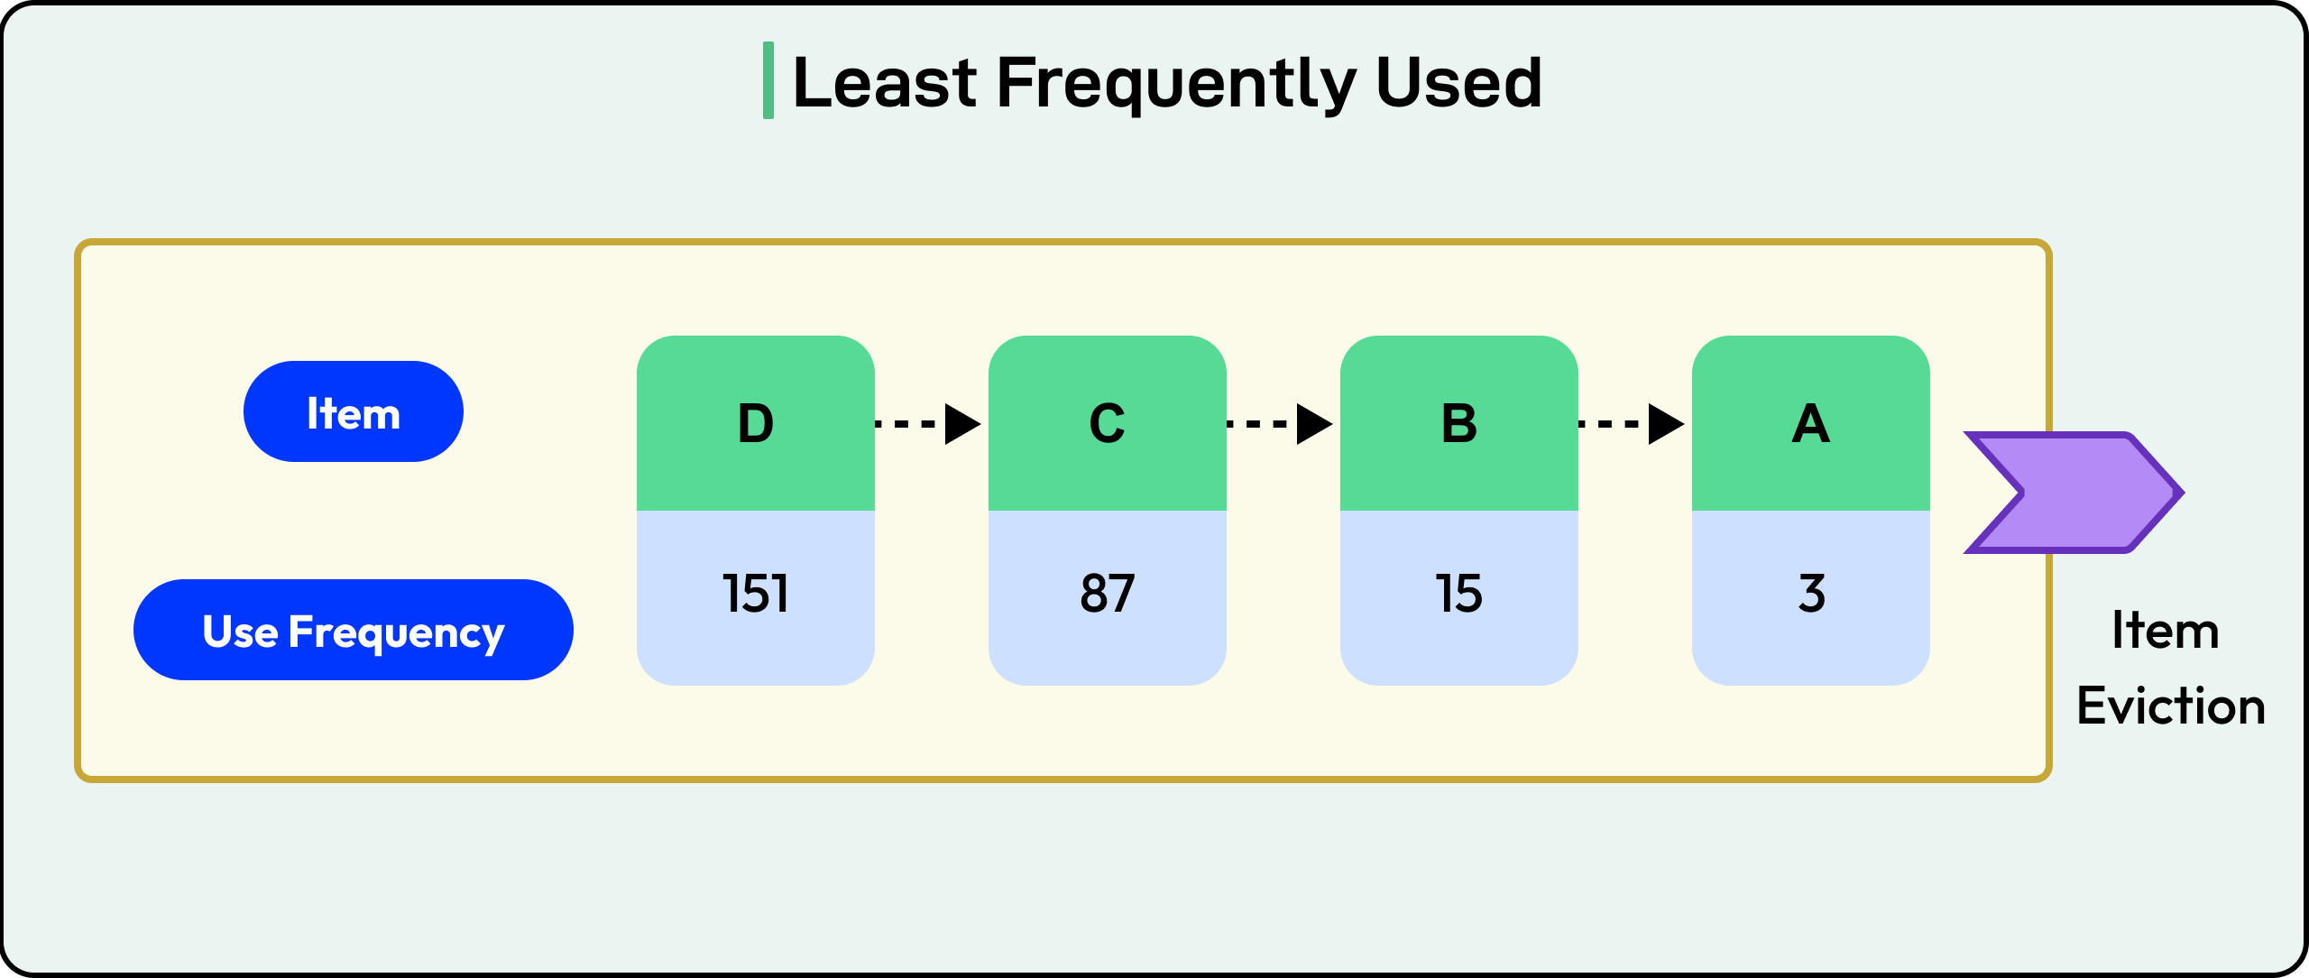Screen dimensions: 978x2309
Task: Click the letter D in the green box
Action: tap(755, 423)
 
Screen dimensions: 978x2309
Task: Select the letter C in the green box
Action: tap(1107, 423)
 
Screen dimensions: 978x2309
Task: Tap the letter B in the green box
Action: tap(1458, 423)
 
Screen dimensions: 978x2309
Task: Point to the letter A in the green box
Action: tap(1810, 423)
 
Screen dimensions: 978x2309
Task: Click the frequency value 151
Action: tap(755, 594)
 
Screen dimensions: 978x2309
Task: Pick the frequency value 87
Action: tap(1107, 594)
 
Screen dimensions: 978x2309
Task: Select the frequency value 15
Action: tap(1458, 594)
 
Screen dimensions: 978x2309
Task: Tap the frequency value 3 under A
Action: tap(1811, 594)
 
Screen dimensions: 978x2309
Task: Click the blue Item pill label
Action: tap(353, 412)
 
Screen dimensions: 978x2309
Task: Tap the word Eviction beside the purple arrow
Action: tap(2170, 706)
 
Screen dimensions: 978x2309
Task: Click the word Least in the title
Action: tap(884, 83)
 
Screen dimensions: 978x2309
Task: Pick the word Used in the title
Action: tap(1458, 83)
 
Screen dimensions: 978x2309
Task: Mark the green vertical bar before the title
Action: tap(768, 80)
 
